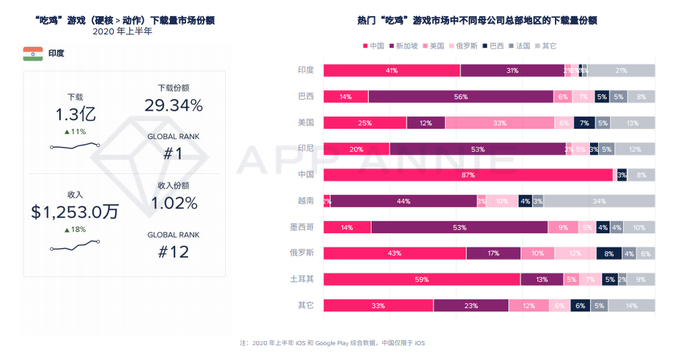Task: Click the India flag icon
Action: click(32, 54)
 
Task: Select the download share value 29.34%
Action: click(173, 105)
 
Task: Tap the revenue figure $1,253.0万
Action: click(75, 212)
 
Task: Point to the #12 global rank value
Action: click(173, 252)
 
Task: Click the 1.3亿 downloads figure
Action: click(75, 114)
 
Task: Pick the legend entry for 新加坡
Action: click(405, 46)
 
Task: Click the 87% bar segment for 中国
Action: click(468, 175)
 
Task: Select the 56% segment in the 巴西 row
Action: click(461, 96)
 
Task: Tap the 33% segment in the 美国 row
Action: click(500, 123)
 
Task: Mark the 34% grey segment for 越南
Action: click(599, 202)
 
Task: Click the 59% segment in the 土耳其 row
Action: click(421, 280)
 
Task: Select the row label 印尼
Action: click(305, 149)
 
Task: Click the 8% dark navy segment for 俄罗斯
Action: click(609, 253)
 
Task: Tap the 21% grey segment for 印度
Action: click(620, 71)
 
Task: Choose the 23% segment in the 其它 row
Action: click(471, 306)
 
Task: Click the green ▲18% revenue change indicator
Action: click(75, 230)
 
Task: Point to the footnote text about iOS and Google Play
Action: click(332, 343)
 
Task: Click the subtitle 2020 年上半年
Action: click(123, 32)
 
